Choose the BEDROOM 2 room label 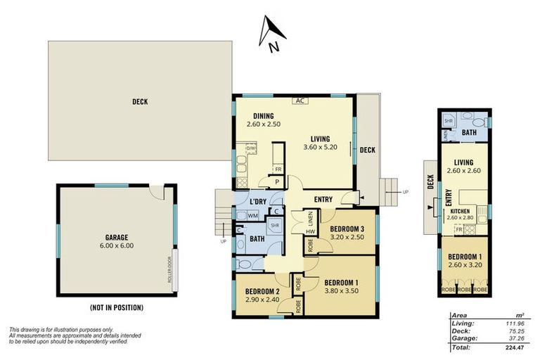click(x=262, y=292)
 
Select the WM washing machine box click(x=252, y=215)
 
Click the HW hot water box click(x=309, y=232)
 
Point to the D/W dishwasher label click(x=250, y=149)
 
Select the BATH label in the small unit click(x=470, y=132)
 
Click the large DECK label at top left click(x=140, y=101)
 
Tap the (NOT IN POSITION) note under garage click(x=116, y=307)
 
